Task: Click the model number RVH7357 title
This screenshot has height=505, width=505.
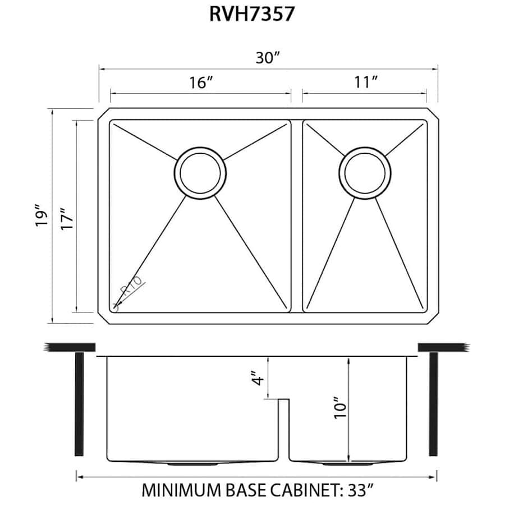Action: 252,14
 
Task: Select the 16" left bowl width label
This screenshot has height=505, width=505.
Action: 200,82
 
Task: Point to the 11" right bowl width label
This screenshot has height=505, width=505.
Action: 365,82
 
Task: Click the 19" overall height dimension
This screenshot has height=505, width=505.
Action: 39,216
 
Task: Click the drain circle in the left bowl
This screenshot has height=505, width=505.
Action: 200,173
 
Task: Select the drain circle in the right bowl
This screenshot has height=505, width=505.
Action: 365,173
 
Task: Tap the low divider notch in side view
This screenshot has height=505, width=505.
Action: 283,401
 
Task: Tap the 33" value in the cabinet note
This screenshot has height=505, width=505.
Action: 361,490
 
